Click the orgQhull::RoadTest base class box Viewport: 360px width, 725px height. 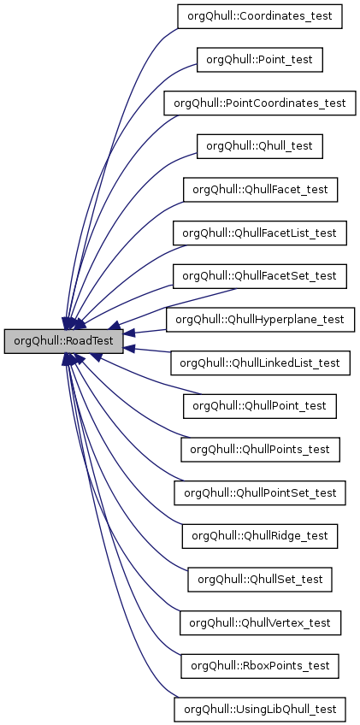[64, 341]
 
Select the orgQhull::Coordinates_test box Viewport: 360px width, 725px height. [260, 16]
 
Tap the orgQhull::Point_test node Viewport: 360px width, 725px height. [260, 60]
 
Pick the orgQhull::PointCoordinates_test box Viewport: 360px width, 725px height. [260, 103]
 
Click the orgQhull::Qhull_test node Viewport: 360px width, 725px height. [260, 146]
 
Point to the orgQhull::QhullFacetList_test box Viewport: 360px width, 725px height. [260, 233]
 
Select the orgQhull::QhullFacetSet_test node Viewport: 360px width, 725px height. [260, 276]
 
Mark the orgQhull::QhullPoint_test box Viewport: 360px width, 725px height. [260, 406]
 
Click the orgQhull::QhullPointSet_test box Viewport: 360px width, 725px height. [260, 492]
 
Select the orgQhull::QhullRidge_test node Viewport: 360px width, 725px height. [260, 536]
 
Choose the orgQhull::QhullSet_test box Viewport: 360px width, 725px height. [260, 580]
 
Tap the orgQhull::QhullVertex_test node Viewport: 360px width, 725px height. [260, 622]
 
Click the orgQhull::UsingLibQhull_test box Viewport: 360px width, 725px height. [260, 710]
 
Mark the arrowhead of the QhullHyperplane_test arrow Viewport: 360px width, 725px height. [130, 334]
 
